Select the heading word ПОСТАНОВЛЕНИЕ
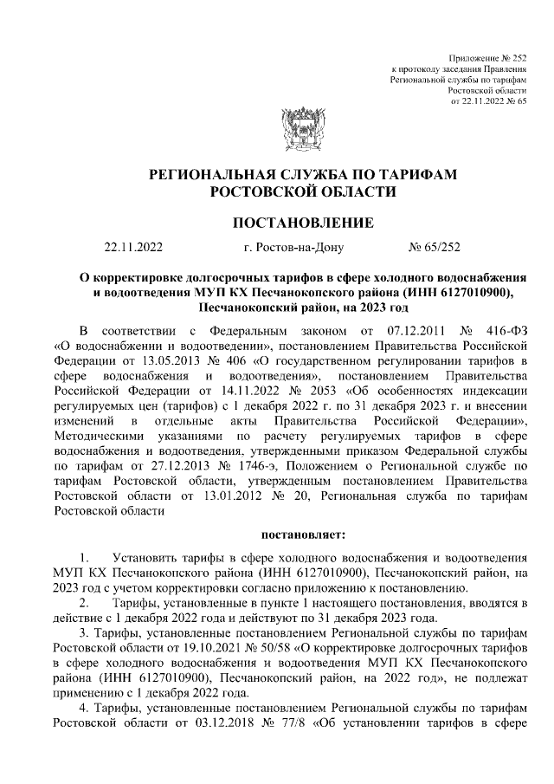[303, 223]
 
